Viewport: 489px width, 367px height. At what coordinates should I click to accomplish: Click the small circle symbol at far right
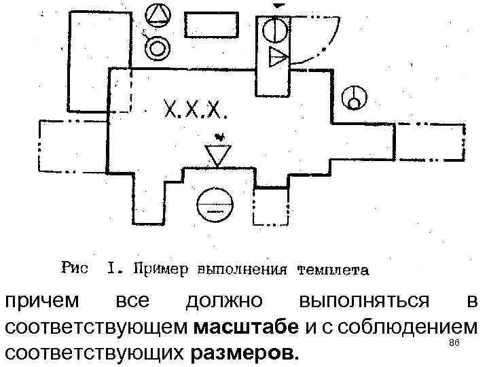355,97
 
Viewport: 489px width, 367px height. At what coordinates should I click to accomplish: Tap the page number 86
455,345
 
